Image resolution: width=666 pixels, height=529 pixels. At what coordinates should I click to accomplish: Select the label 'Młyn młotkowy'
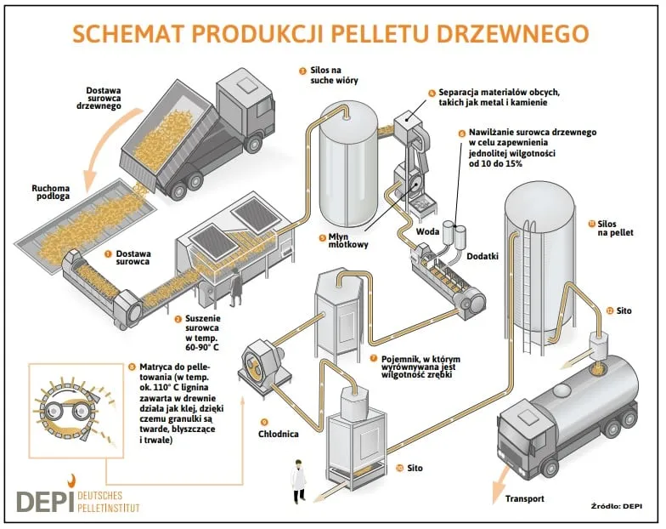click(349, 242)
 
